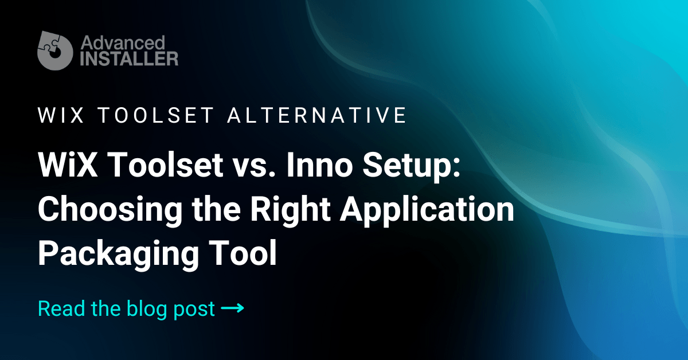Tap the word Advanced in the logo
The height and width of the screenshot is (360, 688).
coord(123,42)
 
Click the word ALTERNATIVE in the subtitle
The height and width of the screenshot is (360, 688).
coord(317,115)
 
